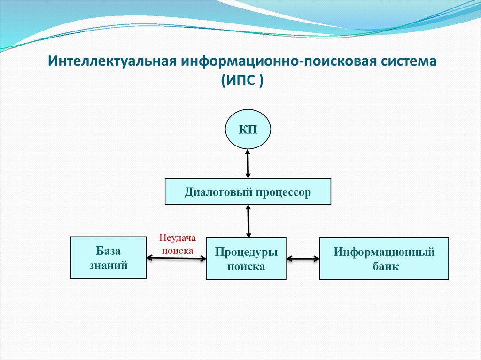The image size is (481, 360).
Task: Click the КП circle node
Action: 248,130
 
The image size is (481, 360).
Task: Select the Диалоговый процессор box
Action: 248,191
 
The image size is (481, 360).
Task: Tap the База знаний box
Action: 108,258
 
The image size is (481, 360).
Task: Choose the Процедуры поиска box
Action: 246,259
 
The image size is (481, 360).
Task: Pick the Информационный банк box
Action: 384,259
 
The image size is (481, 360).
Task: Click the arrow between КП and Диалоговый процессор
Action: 248,163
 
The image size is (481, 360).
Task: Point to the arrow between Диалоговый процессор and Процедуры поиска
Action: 248,221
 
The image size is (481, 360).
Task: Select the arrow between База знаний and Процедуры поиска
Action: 176,257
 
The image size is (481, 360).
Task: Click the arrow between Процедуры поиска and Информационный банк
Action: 303,258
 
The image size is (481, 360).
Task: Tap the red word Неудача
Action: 177,238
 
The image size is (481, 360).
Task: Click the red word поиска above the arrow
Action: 178,250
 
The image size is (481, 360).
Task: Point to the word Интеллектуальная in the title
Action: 113,61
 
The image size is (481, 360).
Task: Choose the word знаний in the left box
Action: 109,266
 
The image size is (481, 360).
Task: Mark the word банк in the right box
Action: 384,267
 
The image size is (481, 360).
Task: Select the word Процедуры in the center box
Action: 246,252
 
